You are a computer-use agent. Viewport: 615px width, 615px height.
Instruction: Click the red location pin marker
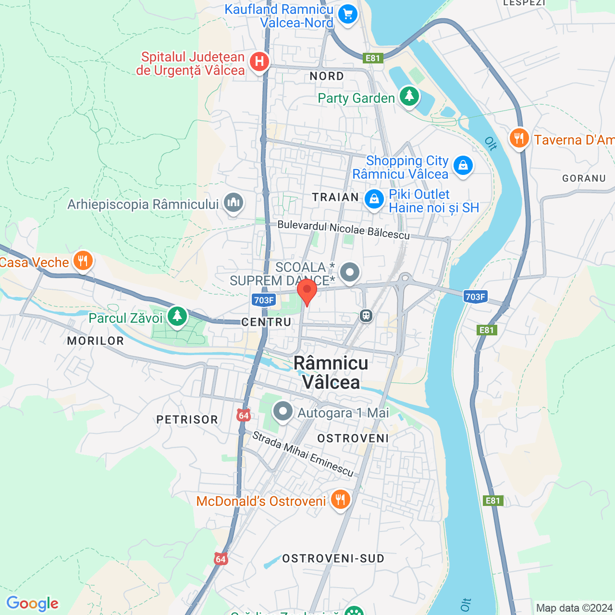(307, 290)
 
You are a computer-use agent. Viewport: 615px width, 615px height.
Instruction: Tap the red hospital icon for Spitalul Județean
(259, 61)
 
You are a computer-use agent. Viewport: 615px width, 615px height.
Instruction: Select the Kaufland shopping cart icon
(348, 14)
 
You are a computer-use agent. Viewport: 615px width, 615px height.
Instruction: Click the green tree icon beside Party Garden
(409, 96)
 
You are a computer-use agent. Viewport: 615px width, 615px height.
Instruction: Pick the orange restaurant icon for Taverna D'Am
(519, 138)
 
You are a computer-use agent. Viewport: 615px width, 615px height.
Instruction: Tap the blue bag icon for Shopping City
(463, 166)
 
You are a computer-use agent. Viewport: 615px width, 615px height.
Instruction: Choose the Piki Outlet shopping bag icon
(374, 199)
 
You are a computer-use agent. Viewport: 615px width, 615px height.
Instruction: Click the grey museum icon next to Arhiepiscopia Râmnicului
(234, 203)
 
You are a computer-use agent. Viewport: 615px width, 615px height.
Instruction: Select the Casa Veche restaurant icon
(83, 261)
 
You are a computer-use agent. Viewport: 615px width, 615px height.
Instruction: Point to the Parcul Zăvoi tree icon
(177, 316)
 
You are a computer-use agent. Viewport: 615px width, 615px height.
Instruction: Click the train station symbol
(366, 316)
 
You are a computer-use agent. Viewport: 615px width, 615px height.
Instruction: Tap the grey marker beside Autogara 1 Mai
(283, 411)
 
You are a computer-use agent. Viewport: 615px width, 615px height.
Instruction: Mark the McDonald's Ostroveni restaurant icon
(340, 500)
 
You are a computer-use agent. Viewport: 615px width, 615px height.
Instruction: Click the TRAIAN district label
(335, 197)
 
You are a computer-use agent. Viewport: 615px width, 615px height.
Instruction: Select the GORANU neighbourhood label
(584, 178)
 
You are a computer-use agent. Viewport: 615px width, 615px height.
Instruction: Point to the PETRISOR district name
(187, 419)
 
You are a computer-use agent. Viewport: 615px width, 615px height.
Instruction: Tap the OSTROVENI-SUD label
(333, 558)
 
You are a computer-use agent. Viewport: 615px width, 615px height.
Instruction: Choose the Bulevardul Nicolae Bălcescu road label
(344, 230)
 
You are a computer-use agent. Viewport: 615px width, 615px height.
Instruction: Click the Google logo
(33, 603)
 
